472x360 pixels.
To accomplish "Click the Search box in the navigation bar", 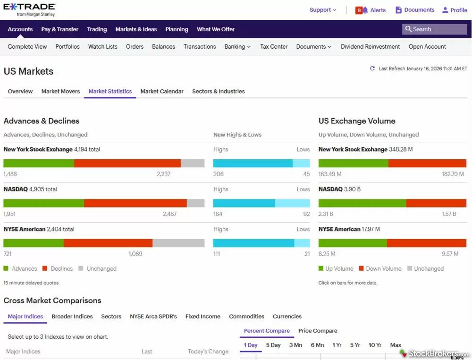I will pos(435,29).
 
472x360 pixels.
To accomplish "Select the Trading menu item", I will pos(97,29).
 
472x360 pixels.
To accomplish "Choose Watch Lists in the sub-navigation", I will pos(102,47).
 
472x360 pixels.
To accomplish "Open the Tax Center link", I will pos(274,47).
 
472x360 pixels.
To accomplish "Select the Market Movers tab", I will pos(60,91).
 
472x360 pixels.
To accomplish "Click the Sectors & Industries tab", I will pos(218,91).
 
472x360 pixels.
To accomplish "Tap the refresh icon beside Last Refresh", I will pos(372,69).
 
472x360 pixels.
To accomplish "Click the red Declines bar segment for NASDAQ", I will pos(135,203).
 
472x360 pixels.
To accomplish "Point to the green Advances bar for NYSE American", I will pos(34,243).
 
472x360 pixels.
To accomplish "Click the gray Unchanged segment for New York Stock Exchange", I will pos(193,163).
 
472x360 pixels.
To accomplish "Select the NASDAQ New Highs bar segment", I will pos(244,203).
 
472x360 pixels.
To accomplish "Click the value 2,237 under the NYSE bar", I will pos(163,174).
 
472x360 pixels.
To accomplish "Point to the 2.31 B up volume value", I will pos(325,214).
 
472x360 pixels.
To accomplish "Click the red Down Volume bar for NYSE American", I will pos(426,243).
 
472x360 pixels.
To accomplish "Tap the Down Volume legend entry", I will pos(380,269).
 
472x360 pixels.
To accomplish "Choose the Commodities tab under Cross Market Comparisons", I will pos(246,317).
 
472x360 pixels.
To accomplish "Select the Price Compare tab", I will pos(318,331).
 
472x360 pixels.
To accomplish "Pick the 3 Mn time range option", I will pos(295,345).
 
